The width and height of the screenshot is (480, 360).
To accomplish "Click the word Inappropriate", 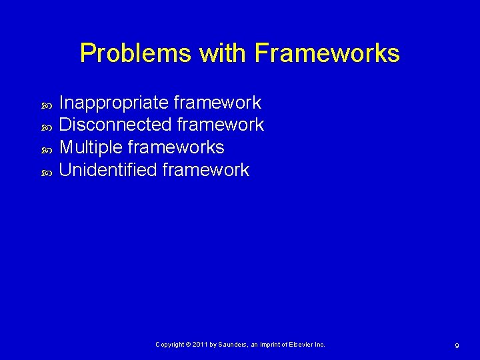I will tap(113, 103).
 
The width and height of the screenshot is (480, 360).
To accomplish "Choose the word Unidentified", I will tap(108, 170).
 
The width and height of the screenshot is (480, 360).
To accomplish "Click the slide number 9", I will tap(457, 345).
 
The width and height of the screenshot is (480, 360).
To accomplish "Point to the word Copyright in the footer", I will tap(170, 345).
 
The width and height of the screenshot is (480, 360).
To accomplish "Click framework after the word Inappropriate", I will tap(217, 103).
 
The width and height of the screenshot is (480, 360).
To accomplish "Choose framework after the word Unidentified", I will tap(205, 170).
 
